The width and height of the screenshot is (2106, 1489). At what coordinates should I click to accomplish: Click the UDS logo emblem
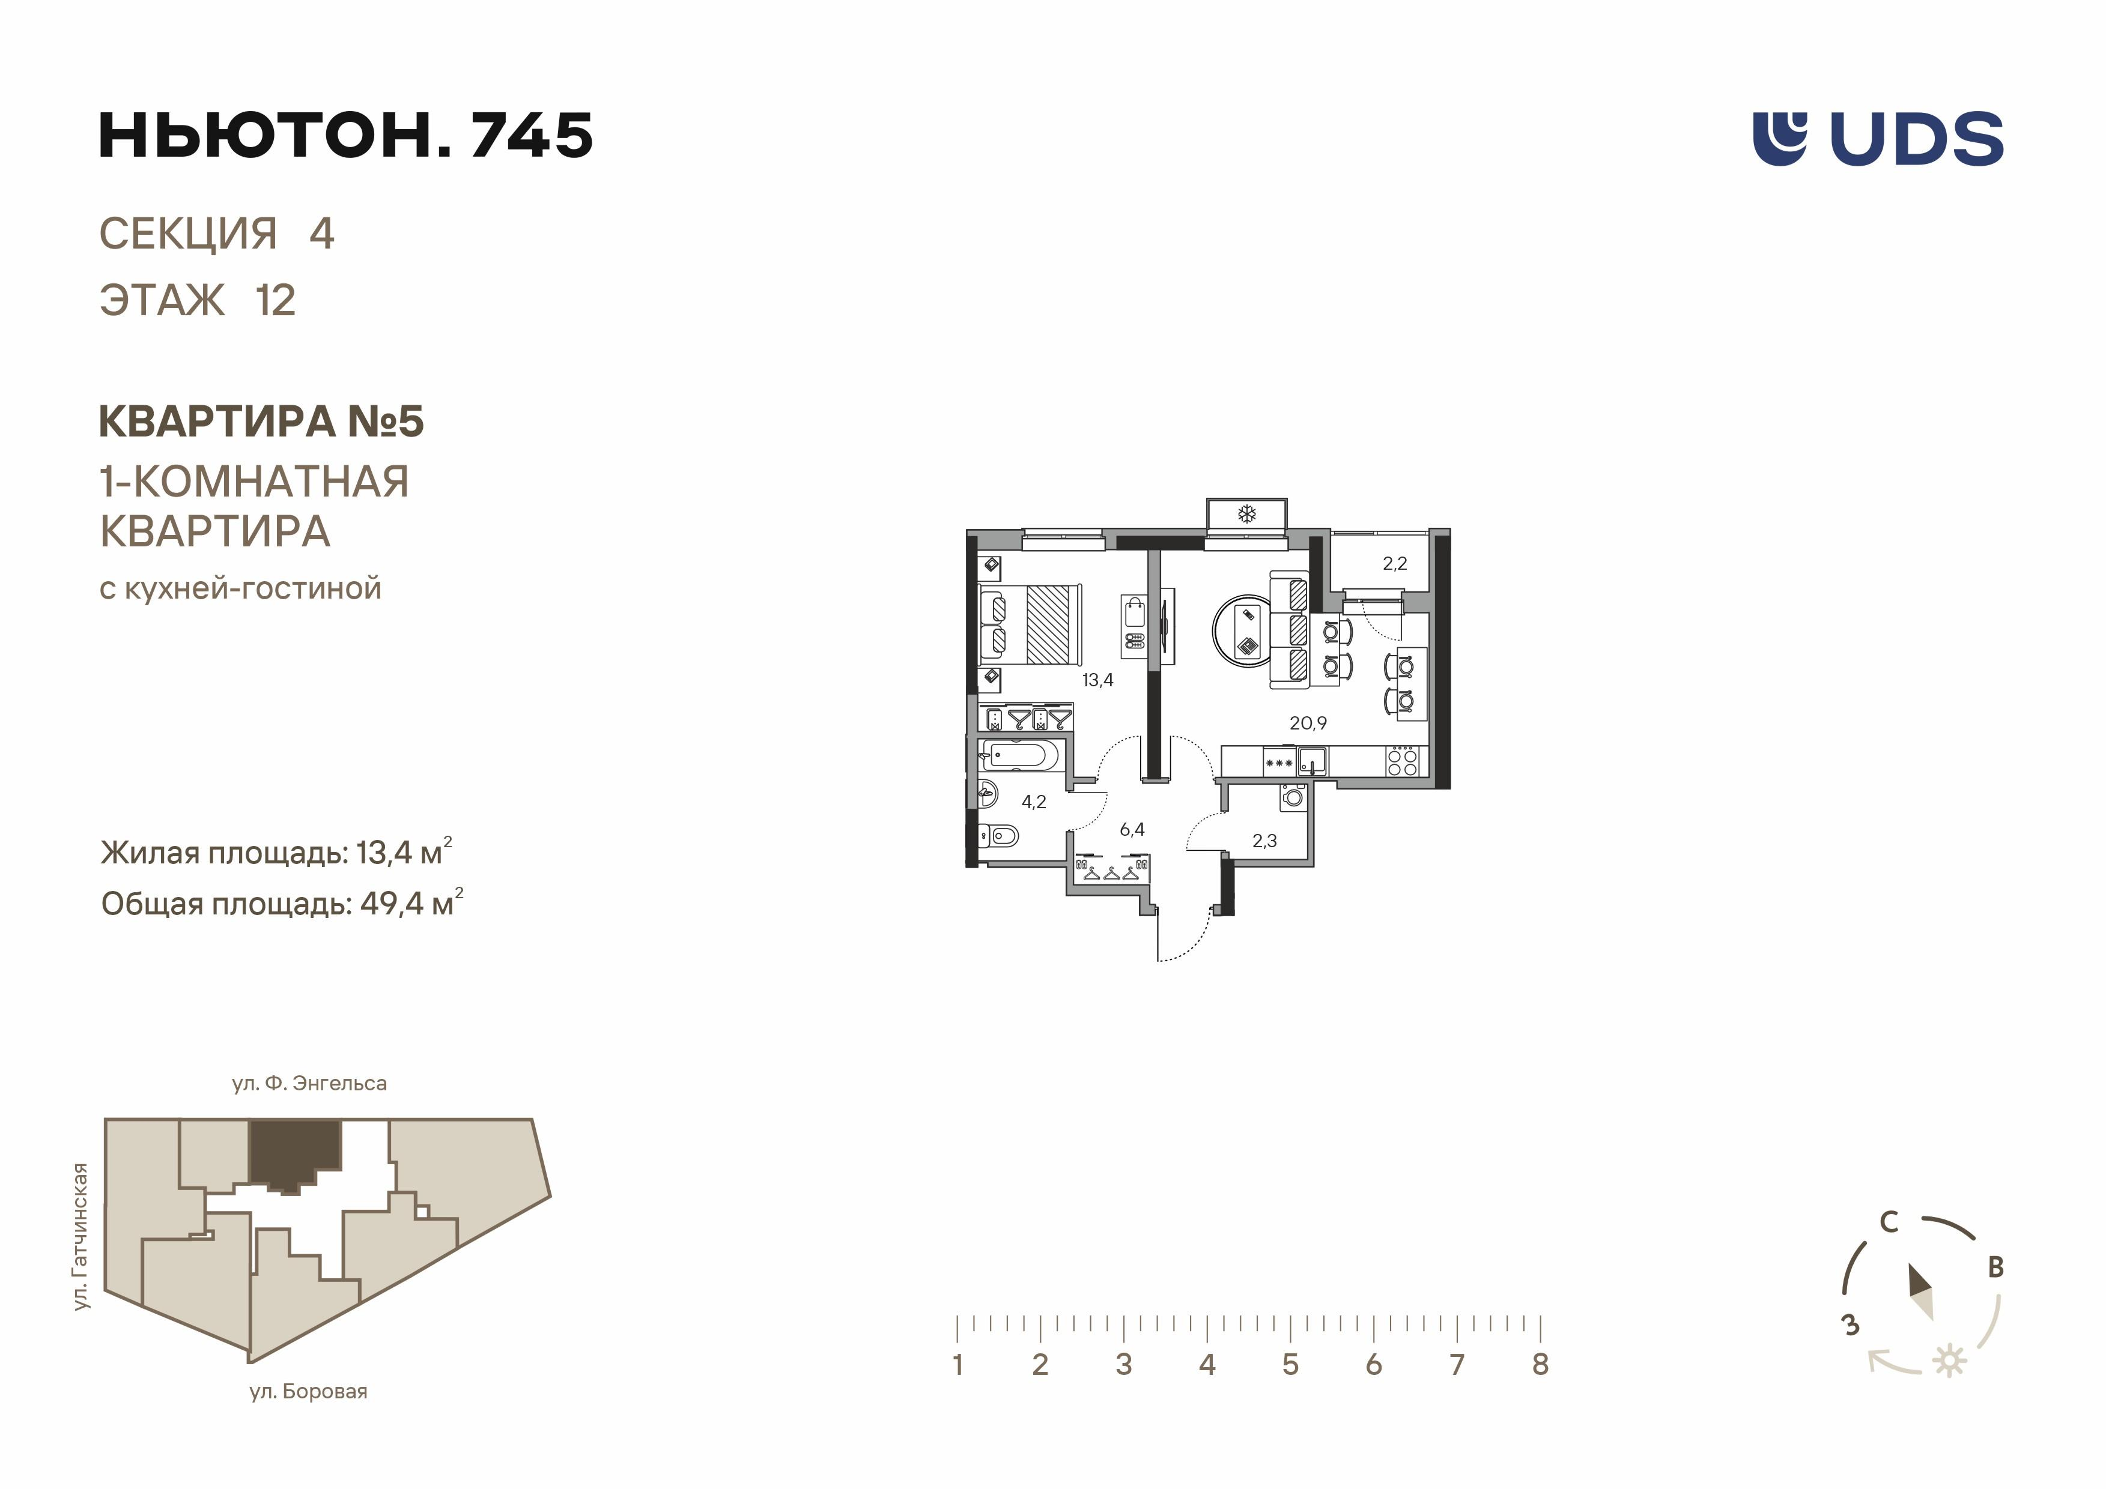1779,139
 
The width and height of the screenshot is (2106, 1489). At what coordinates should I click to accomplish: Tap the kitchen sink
1312,761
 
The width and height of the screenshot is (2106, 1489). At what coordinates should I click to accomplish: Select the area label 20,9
1308,723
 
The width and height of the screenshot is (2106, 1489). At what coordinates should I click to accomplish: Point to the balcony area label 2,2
1394,564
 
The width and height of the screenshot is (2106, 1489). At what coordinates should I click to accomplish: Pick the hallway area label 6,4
1132,830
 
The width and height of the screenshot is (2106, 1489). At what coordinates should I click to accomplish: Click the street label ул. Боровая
308,1392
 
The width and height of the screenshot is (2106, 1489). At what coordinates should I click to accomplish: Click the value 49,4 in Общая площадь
392,904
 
